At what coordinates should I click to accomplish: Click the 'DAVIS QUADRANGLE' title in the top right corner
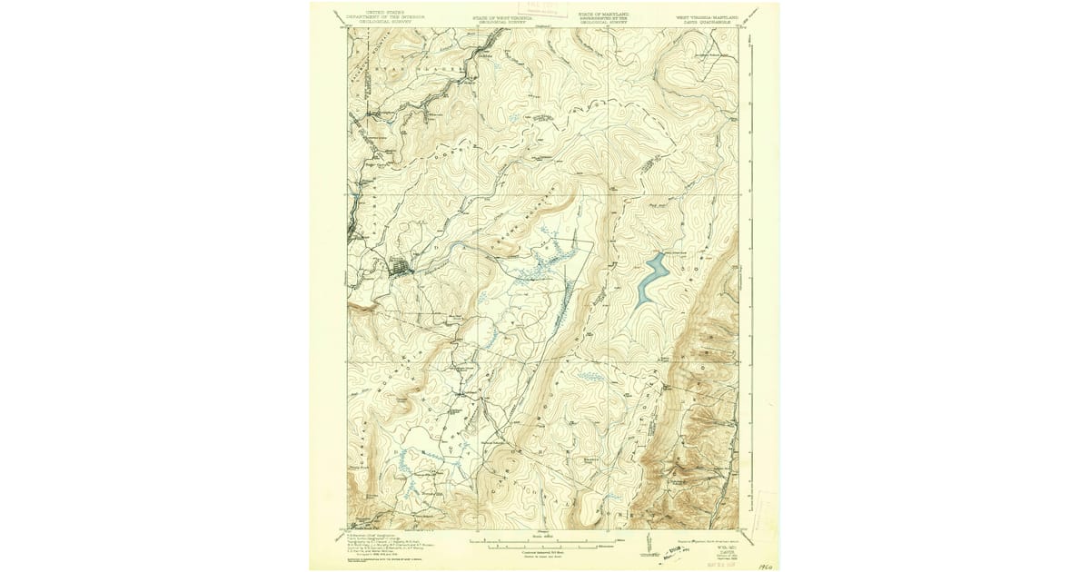(x=707, y=18)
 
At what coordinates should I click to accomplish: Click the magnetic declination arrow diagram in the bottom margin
(x=647, y=545)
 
